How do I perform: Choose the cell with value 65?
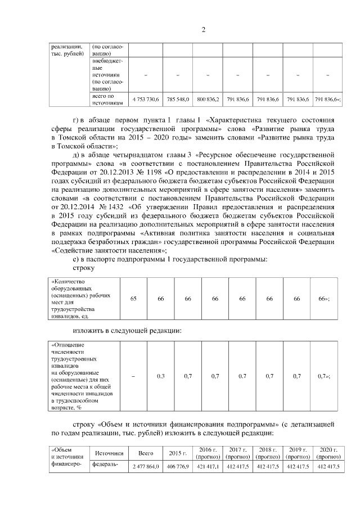tap(133, 299)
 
